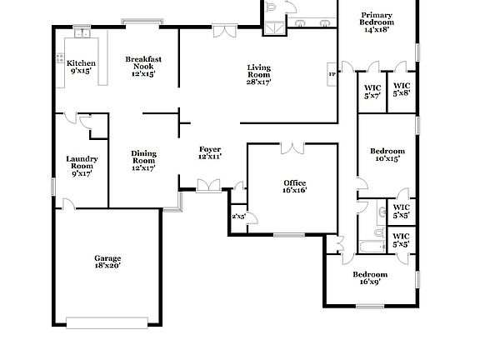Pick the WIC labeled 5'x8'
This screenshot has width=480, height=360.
[401, 89]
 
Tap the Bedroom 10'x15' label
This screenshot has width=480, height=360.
[387, 154]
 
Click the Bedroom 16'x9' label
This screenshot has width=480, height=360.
[370, 278]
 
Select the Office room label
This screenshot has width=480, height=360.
[294, 186]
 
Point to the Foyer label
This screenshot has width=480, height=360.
[209, 152]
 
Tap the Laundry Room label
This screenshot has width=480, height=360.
[82, 166]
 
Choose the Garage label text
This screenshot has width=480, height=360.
[107, 258]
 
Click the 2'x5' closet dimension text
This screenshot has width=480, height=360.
[238, 217]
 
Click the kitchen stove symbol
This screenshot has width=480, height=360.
[60, 58]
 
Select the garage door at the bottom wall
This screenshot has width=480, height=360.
[107, 322]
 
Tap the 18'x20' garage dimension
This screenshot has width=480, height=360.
[107, 266]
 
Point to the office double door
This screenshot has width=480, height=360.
[292, 148]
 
